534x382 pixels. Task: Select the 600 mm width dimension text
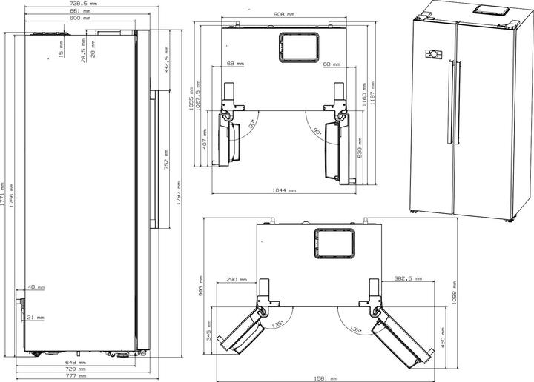coord(79,18)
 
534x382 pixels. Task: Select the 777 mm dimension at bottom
coord(76,375)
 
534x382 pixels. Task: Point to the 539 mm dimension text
coord(360,147)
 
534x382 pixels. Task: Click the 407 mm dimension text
coord(205,140)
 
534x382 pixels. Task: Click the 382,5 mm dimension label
coord(409,279)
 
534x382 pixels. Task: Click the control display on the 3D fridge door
coord(432,53)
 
